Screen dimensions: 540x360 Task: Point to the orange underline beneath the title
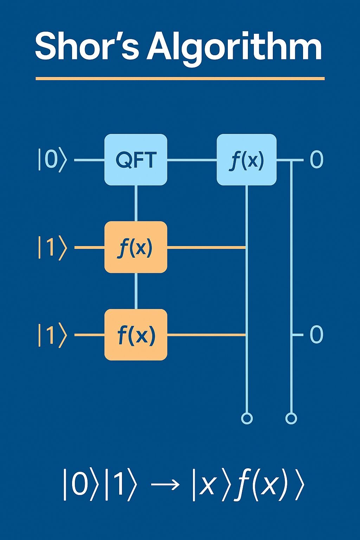tap(180, 78)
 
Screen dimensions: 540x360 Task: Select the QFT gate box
tap(136, 160)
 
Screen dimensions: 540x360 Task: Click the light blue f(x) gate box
tap(246, 160)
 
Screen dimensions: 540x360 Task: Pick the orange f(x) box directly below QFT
tap(136, 247)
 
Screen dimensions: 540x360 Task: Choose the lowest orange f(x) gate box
tap(136, 335)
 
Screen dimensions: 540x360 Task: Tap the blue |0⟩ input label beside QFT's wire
tap(52, 160)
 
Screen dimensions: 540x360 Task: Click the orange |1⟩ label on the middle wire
tap(52, 247)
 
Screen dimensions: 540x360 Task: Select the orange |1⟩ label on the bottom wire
tap(52, 335)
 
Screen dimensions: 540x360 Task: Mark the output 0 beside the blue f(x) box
tap(316, 160)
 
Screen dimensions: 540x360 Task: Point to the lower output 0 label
tap(316, 334)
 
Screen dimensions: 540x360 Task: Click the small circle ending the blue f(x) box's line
tap(247, 418)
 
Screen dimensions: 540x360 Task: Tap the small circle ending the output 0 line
tap(291, 418)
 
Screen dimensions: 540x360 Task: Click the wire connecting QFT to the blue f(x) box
tap(192, 160)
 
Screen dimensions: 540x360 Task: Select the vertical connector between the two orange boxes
tap(136, 291)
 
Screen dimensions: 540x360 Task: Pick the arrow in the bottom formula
tap(165, 485)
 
